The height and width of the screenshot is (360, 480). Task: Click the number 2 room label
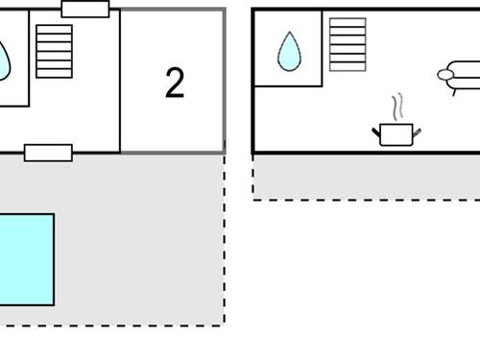[x=174, y=84]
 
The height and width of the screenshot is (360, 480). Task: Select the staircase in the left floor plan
[x=54, y=51]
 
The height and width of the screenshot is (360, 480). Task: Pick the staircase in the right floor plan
[x=348, y=44]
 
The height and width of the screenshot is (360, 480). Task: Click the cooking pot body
[x=396, y=134]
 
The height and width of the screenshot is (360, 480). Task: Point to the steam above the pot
[x=396, y=106]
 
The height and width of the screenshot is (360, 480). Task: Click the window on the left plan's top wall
[x=85, y=10]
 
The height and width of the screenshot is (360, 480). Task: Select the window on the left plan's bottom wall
[x=48, y=152]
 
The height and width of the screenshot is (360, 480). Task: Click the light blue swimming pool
[x=25, y=259]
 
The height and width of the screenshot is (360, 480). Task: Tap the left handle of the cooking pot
[x=376, y=131]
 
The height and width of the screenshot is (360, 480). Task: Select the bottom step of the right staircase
[x=348, y=65]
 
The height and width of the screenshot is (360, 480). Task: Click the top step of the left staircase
[x=54, y=29]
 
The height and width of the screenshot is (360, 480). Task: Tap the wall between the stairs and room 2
[x=120, y=82]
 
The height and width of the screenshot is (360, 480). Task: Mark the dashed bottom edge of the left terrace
[x=115, y=324]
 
